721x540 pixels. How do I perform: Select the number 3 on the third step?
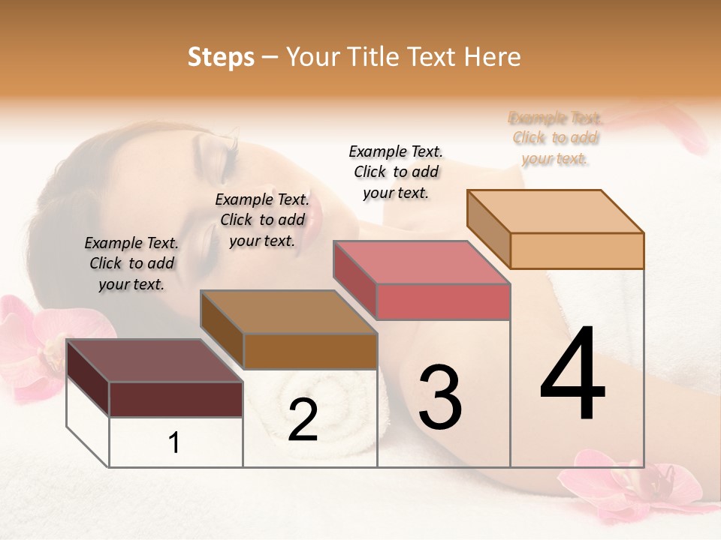coord(440,397)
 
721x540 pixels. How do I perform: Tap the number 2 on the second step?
coord(303,420)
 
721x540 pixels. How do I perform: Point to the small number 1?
coord(174,443)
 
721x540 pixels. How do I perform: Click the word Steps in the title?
coord(221,57)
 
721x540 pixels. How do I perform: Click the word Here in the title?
coord(490,57)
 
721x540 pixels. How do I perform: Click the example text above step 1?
coord(131,263)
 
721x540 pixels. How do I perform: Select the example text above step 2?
coord(262,220)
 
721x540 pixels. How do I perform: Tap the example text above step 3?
coord(396,172)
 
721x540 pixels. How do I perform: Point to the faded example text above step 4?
coord(555,138)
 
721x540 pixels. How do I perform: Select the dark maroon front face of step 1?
coord(176,399)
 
